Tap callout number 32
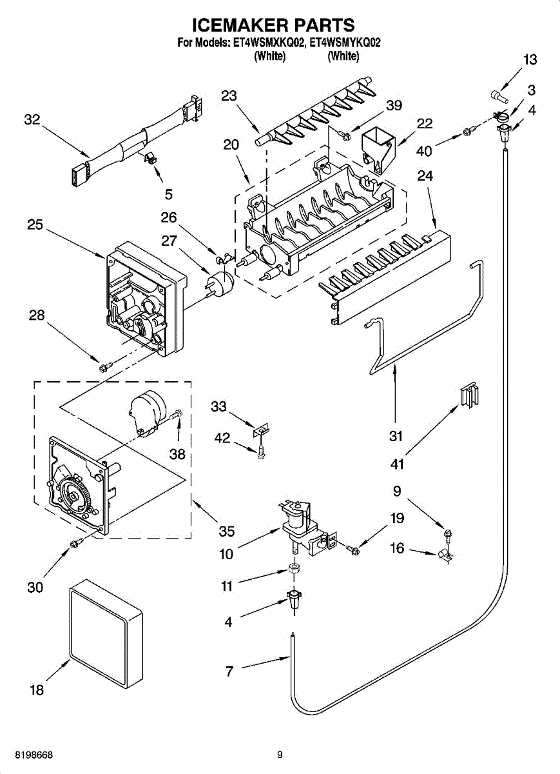pyautogui.click(x=32, y=119)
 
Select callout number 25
pyautogui.click(x=35, y=225)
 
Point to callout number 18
pyautogui.click(x=37, y=690)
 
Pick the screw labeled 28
pyautogui.click(x=104, y=367)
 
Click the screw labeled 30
pyautogui.click(x=76, y=545)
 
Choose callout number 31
pyautogui.click(x=396, y=436)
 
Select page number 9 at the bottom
pyautogui.click(x=280, y=754)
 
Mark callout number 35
pyautogui.click(x=226, y=531)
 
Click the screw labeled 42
pyautogui.click(x=261, y=453)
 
